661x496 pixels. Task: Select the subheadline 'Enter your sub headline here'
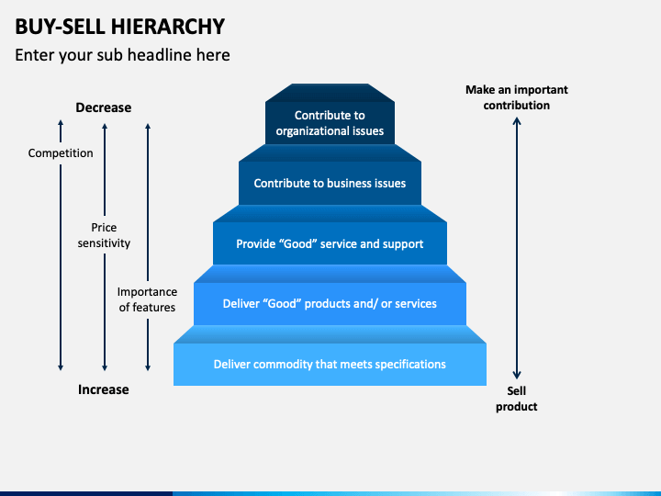(122, 55)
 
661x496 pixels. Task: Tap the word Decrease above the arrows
(103, 107)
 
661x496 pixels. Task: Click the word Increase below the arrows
(103, 389)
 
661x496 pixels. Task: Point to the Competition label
(61, 153)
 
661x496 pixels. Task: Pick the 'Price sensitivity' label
(104, 235)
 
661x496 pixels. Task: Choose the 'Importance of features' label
(147, 299)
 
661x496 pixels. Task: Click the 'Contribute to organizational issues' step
(330, 123)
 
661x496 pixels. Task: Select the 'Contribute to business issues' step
(330, 183)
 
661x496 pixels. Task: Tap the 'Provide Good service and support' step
(330, 243)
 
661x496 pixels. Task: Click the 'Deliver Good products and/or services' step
(330, 303)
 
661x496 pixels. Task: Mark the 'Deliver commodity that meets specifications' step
(330, 364)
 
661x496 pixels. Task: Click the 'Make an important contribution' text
(517, 97)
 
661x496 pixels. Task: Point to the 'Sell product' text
(517, 399)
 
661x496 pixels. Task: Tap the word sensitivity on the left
(104, 243)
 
